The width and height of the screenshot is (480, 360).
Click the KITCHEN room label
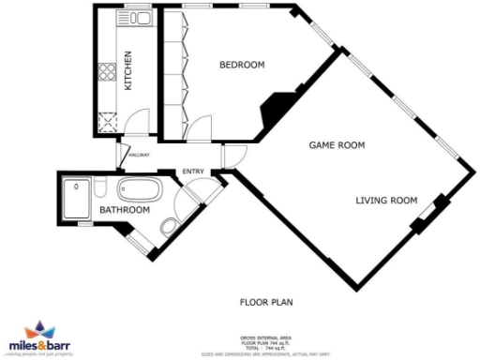129,70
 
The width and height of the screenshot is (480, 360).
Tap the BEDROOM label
242,65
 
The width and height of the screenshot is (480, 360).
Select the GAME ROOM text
337,145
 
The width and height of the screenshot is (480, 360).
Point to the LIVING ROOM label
385,200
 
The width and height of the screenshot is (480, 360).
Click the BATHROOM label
125,210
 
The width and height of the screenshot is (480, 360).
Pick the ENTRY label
193,171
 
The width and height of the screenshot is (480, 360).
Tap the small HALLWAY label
139,155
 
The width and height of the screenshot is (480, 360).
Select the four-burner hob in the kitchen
108,72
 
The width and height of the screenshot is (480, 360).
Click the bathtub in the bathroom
141,193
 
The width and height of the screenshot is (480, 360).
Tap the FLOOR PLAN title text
267,302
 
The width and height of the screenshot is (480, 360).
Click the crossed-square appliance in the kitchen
107,120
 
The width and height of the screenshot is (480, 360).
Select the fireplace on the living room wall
427,215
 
